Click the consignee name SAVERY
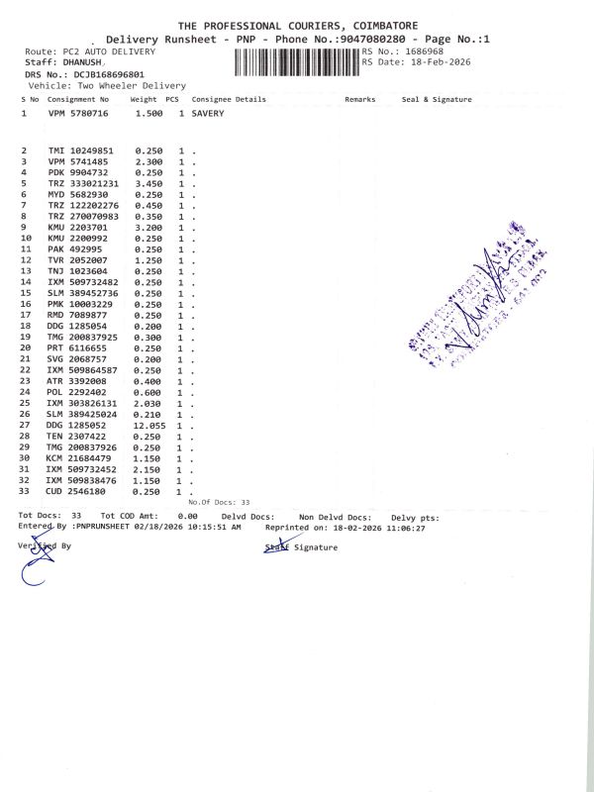coord(208,114)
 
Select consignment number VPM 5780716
coord(78,114)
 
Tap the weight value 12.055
coord(149,425)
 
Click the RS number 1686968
coord(418,50)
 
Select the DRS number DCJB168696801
coord(104,74)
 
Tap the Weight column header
coord(144,100)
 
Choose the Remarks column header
coord(359,100)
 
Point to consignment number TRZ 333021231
coord(83,183)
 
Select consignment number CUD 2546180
coord(78,492)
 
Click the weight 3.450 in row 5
coord(149,183)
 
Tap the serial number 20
coord(27,347)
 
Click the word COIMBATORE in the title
coord(381,25)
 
